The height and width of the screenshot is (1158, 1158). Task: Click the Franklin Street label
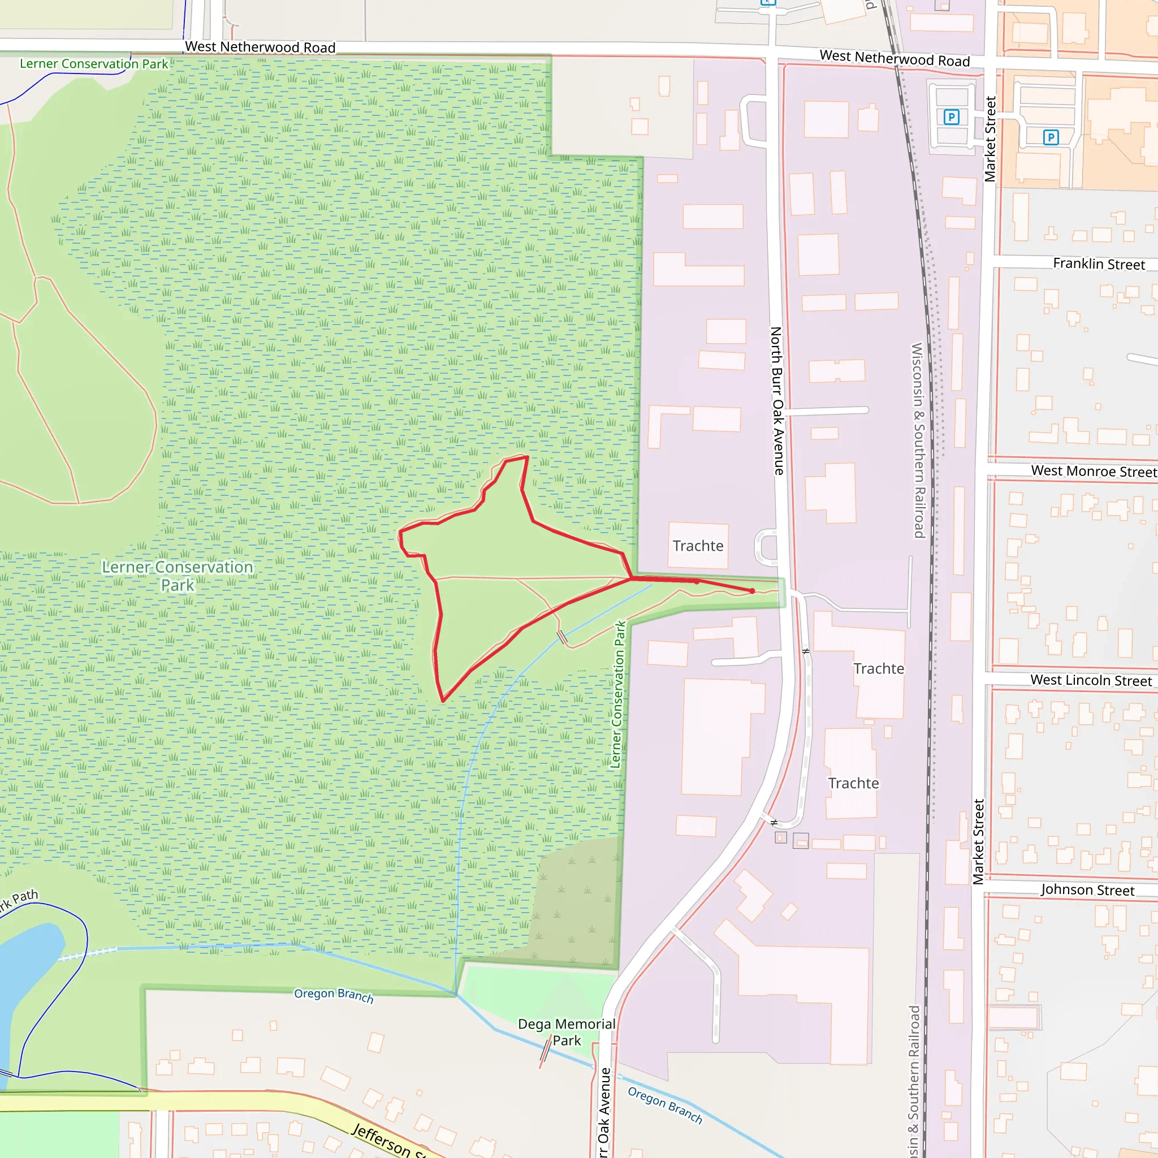coord(1099,263)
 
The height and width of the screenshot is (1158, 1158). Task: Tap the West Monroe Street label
coord(1094,471)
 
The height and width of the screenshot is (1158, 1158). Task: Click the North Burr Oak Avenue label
coord(777,401)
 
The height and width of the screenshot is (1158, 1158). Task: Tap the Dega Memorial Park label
coord(567,1032)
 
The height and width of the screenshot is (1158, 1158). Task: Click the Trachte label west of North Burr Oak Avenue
coord(698,546)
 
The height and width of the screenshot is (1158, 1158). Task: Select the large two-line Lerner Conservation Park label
coord(178,576)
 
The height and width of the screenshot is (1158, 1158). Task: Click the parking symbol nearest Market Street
coord(951,117)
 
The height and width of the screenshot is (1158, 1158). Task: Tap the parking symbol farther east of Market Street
coord(1051,137)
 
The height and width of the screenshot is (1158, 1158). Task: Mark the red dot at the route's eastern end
coord(752,591)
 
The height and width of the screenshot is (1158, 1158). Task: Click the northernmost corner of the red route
coord(527,457)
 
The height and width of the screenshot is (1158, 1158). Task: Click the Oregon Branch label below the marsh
coord(333,996)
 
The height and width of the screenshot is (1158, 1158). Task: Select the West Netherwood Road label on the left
coord(260,47)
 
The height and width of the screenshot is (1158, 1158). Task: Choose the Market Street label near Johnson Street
coord(978,841)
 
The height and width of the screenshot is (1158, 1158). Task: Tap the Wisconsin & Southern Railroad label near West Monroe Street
coord(918,440)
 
